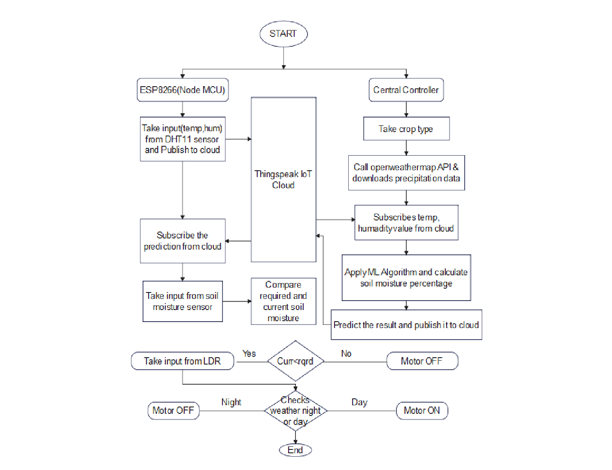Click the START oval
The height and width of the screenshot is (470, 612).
[283, 34]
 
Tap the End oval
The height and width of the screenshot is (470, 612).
[295, 450]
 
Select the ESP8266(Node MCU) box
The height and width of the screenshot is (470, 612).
[183, 90]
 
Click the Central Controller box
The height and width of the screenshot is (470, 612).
[406, 90]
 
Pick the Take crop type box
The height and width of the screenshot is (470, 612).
[406, 129]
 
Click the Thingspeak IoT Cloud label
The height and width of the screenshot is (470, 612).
[283, 179]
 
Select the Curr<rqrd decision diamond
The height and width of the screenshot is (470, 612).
[295, 361]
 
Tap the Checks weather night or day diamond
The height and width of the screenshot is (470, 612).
[295, 411]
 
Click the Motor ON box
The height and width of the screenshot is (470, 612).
[422, 410]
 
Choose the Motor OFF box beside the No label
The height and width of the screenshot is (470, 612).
[422, 361]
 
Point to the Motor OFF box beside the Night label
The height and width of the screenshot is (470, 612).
[173, 410]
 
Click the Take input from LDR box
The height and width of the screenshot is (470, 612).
[183, 361]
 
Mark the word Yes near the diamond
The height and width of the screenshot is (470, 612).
[249, 353]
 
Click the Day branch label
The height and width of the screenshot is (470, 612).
[359, 402]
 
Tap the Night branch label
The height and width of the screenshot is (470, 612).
[231, 402]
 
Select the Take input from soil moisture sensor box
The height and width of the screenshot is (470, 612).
[183, 301]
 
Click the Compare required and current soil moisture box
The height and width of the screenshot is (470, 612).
[283, 301]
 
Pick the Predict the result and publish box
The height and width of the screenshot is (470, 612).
[406, 325]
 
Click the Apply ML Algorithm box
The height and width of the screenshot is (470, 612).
[406, 277]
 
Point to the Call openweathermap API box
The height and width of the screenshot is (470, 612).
[406, 173]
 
